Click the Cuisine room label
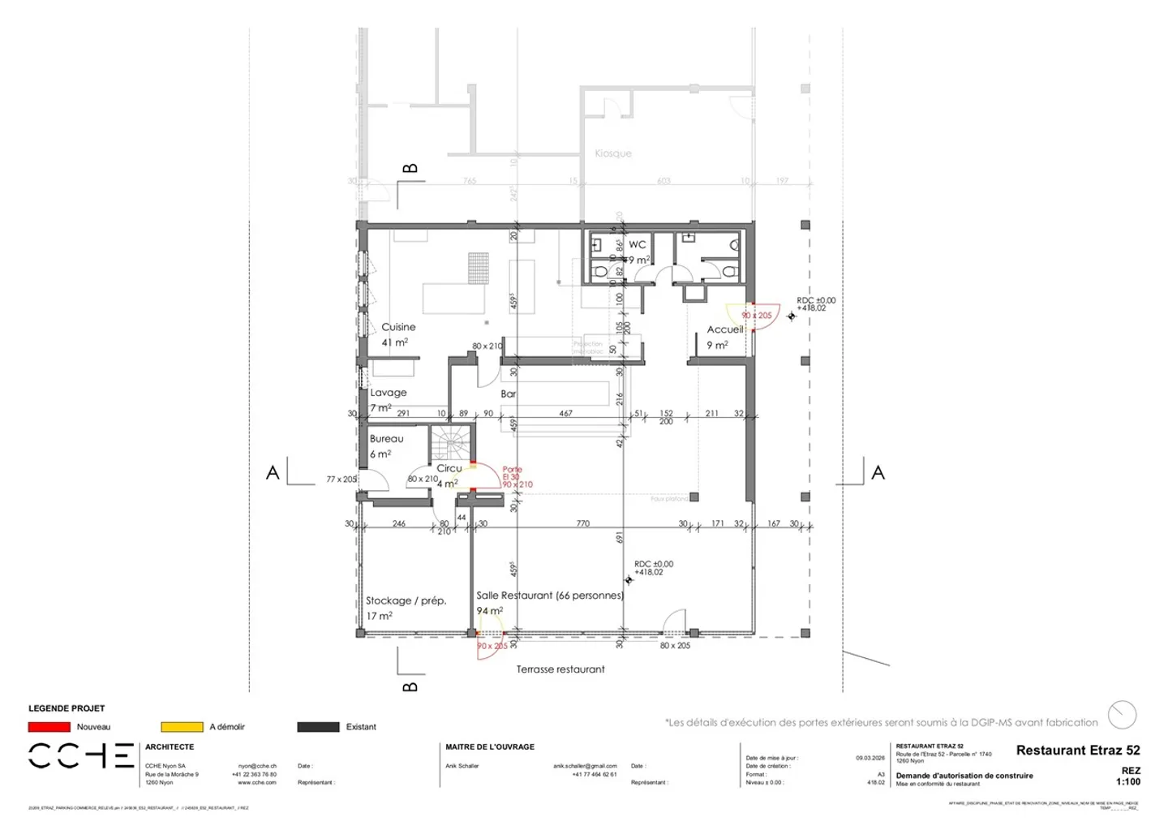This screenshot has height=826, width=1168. (x=398, y=327)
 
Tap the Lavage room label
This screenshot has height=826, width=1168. (x=389, y=393)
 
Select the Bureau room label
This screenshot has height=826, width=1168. (x=386, y=439)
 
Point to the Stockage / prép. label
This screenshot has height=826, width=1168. (x=406, y=601)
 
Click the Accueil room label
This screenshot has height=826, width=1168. (x=724, y=329)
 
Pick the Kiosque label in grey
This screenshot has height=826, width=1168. (x=612, y=153)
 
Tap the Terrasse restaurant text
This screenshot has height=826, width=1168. (x=560, y=669)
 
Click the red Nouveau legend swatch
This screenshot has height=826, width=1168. (x=49, y=727)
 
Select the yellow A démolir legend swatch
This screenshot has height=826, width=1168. (x=182, y=727)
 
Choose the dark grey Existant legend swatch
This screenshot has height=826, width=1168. (x=318, y=727)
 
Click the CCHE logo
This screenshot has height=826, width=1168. (x=81, y=755)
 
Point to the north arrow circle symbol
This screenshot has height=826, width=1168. (x=1123, y=715)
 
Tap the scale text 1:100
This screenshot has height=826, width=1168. (x=1127, y=782)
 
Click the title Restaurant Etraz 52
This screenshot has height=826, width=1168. (x=1077, y=751)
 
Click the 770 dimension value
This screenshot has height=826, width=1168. (x=582, y=523)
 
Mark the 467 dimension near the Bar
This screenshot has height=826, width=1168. (x=565, y=413)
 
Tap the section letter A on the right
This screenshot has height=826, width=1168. (x=878, y=473)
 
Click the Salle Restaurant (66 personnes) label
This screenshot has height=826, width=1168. (x=550, y=596)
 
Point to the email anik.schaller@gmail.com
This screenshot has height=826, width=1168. (x=585, y=766)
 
